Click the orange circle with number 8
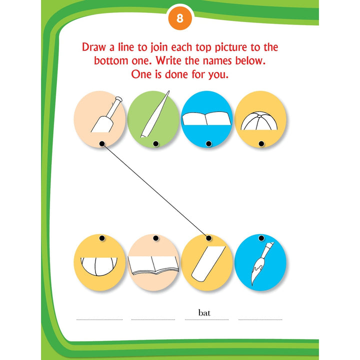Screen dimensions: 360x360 (x=180, y=18)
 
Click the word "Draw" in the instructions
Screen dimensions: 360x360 (x=94, y=47)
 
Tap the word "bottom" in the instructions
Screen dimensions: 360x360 (x=111, y=61)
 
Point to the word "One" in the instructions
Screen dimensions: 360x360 (x=141, y=74)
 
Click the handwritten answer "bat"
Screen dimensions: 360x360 (x=204, y=312)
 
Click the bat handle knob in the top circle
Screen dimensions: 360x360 (x=118, y=99)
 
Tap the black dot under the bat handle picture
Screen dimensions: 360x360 (x=102, y=143)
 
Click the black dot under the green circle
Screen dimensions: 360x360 (x=156, y=143)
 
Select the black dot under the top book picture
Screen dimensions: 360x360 (x=208, y=143)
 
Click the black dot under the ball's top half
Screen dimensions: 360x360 (x=261, y=143)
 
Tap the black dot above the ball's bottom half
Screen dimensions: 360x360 (x=102, y=238)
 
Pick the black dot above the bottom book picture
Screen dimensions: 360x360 (x=156, y=238)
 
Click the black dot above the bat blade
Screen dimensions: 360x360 (x=208, y=238)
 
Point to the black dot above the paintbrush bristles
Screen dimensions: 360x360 (x=261, y=238)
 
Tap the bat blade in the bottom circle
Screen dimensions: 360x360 (x=208, y=263)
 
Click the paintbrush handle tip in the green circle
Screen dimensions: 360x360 (x=168, y=92)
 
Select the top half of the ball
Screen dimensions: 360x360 (x=259, y=121)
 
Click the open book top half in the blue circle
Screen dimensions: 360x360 (x=206, y=118)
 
